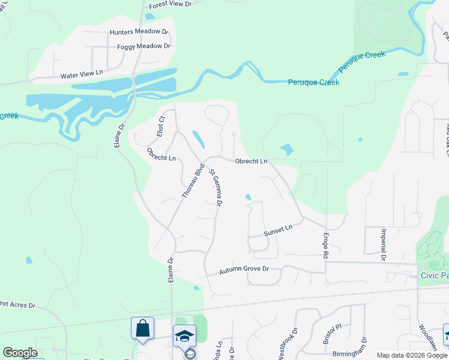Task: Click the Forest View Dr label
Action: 170,4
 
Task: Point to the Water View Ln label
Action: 82,76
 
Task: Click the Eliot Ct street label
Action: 161,126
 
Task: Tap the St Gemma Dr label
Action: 216,188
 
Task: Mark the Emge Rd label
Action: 326,245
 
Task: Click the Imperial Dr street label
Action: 382,244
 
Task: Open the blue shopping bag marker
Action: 143,329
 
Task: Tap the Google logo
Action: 20,353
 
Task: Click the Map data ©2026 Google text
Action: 412,355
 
